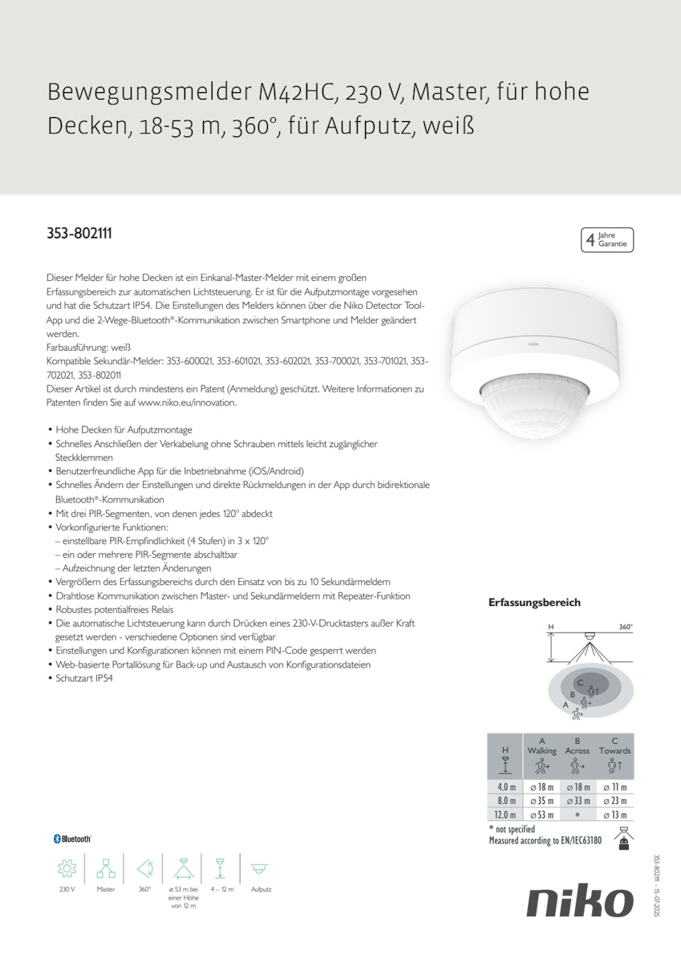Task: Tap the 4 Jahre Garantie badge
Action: (607, 240)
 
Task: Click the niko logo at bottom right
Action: (579, 902)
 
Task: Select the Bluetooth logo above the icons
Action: (72, 839)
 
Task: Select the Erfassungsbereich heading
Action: (534, 602)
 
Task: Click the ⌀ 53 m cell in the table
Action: (541, 815)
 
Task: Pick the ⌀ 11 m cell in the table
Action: (614, 787)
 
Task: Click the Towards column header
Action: (614, 751)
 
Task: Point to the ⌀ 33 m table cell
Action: (578, 801)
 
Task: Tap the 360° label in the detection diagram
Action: (626, 627)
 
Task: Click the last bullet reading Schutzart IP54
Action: (84, 678)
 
